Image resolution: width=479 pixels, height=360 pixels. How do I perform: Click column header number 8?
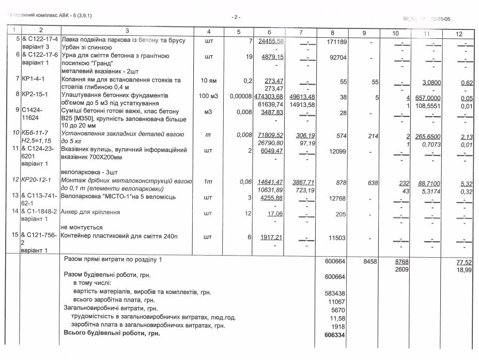(x=332, y=33)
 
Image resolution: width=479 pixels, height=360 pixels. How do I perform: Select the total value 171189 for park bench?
(x=336, y=41)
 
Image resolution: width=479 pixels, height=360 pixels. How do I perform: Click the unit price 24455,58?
(x=271, y=41)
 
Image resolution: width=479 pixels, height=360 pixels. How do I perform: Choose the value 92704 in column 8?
(x=337, y=58)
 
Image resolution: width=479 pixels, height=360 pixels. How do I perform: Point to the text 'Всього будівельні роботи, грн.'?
(x=112, y=334)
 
